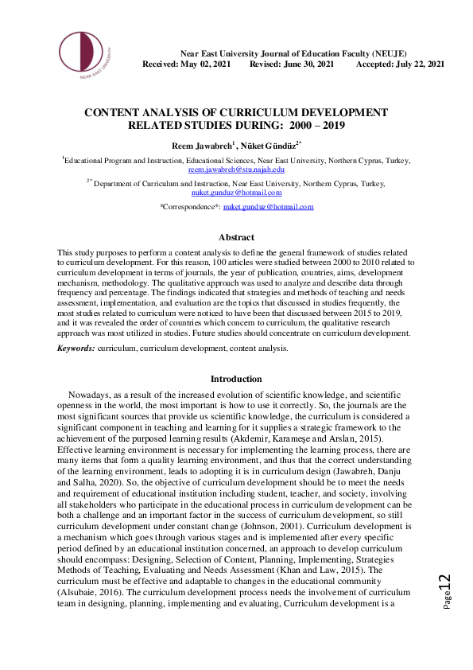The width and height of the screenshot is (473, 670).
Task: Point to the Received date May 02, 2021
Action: pyautogui.click(x=206, y=64)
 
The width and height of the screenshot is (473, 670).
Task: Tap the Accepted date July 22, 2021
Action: pyautogui.click(x=417, y=64)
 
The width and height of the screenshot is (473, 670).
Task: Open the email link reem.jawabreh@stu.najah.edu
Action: pyautogui.click(x=236, y=169)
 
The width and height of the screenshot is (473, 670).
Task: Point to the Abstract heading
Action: pyautogui.click(x=236, y=237)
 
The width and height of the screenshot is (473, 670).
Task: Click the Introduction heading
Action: pyautogui.click(x=236, y=379)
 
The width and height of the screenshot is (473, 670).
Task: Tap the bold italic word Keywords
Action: pyautogui.click(x=76, y=349)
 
